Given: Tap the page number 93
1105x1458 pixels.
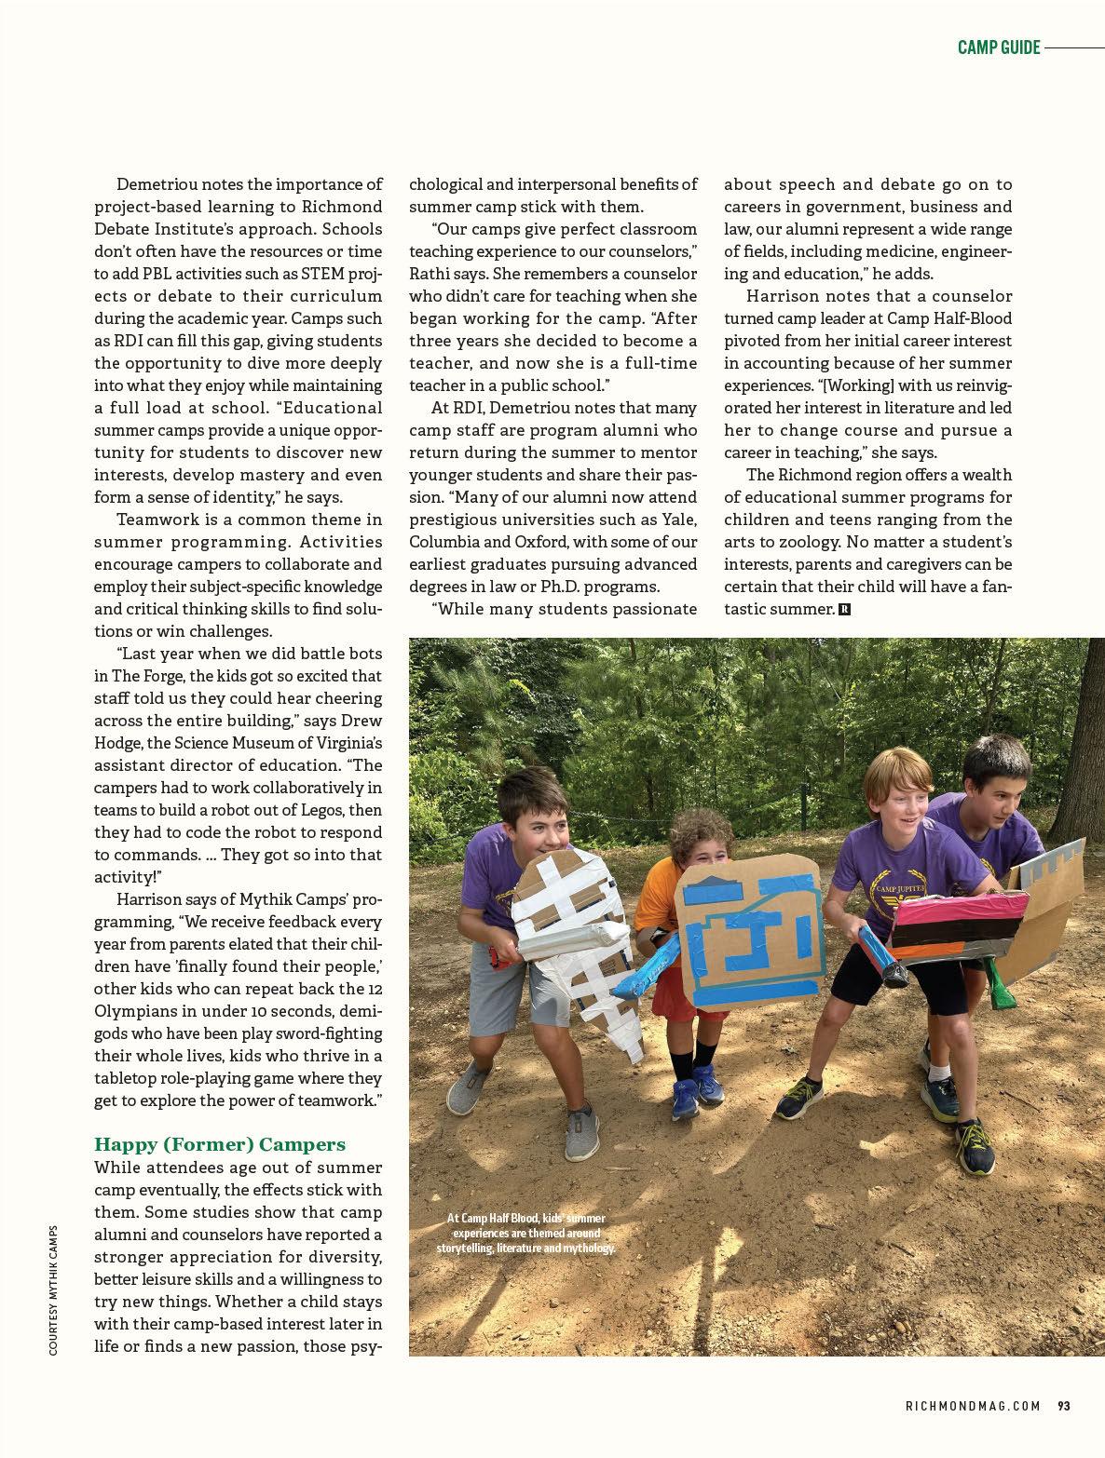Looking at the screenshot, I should (1063, 1406).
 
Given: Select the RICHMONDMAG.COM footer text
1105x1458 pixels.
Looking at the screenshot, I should (973, 1406).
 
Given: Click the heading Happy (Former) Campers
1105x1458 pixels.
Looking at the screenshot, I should (220, 1144).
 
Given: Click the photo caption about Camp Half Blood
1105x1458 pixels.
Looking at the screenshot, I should (526, 1233).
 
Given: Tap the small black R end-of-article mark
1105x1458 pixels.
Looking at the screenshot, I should (844, 610).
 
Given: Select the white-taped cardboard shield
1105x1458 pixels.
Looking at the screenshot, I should (579, 940).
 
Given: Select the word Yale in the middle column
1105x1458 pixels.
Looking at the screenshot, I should (678, 520).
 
